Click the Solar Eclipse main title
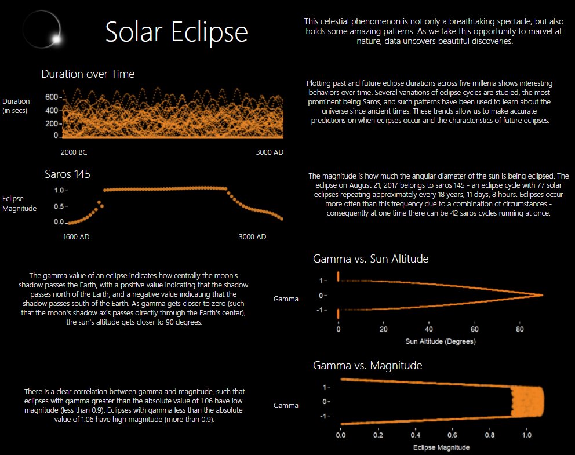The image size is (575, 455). coord(176,32)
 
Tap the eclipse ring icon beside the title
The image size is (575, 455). coord(42,31)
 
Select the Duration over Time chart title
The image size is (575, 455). coord(88,74)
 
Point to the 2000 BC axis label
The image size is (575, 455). coord(74,152)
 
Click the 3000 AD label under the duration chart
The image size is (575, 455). coord(269,152)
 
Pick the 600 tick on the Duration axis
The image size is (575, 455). coord(52,97)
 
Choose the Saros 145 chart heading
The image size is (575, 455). coord(68,174)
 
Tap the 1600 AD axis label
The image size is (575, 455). coord(77,237)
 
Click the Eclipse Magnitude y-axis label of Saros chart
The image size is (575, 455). coord(19,203)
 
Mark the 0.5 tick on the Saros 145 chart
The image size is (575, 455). coord(59,206)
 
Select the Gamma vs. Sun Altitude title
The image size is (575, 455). coord(370,259)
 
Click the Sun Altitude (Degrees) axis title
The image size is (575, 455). coord(441,341)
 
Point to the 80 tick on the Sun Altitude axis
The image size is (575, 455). coord(519,329)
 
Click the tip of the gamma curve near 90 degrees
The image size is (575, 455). coord(541,295)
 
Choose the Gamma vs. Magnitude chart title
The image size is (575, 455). coord(367,366)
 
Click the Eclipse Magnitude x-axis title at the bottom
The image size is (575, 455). coord(441,447)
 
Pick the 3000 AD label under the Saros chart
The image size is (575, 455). coord(252,237)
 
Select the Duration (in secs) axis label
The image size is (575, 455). coord(16,105)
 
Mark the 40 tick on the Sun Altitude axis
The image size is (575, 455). coord(428,329)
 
